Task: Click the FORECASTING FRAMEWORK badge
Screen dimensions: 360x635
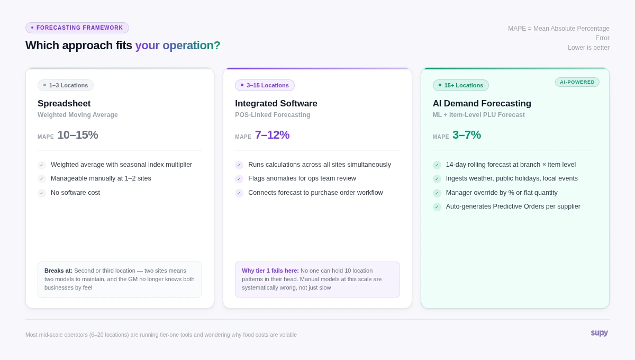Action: [x=77, y=28]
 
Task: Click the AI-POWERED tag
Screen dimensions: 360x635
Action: [x=577, y=82]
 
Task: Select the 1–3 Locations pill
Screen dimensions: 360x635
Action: [x=66, y=85]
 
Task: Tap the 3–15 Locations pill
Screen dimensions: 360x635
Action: [x=265, y=85]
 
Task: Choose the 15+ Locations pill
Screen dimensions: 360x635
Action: [x=460, y=85]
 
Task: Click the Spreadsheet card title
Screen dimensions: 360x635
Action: [x=64, y=104]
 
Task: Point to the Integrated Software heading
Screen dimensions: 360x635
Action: [x=276, y=104]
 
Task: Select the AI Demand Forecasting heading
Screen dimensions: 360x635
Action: [x=482, y=104]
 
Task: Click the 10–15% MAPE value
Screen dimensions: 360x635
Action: [x=77, y=135]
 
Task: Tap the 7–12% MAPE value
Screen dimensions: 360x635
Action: [x=272, y=135]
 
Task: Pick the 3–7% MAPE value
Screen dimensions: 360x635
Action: [x=466, y=135]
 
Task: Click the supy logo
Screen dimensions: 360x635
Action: [x=599, y=332]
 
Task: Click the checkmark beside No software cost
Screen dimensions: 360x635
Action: [x=42, y=193]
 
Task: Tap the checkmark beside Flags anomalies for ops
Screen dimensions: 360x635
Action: [x=239, y=179]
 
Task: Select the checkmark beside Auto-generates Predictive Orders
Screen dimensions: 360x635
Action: [x=437, y=207]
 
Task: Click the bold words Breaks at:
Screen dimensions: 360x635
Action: [x=58, y=271]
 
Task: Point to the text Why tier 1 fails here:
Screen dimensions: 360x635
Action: [x=270, y=271]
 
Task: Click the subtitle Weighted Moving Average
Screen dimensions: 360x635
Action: [x=78, y=115]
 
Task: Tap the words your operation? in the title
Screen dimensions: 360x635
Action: [x=177, y=46]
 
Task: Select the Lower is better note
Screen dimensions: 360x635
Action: [x=588, y=48]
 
